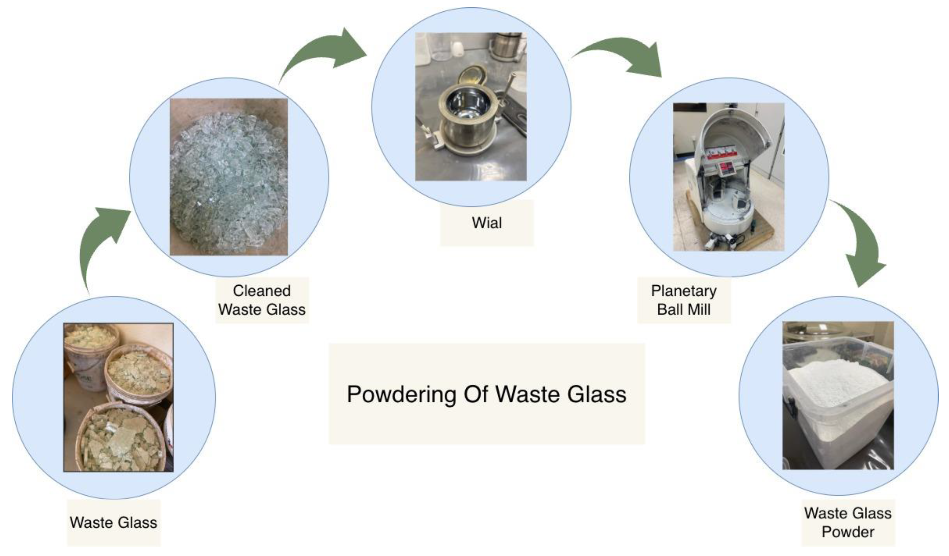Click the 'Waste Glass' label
click(113, 523)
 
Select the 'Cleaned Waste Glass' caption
click(262, 300)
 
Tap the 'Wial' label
click(487, 223)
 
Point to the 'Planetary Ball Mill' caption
click(684, 300)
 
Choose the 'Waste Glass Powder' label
click(848, 523)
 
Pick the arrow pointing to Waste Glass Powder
click(862, 245)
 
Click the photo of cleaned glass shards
click(229, 177)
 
